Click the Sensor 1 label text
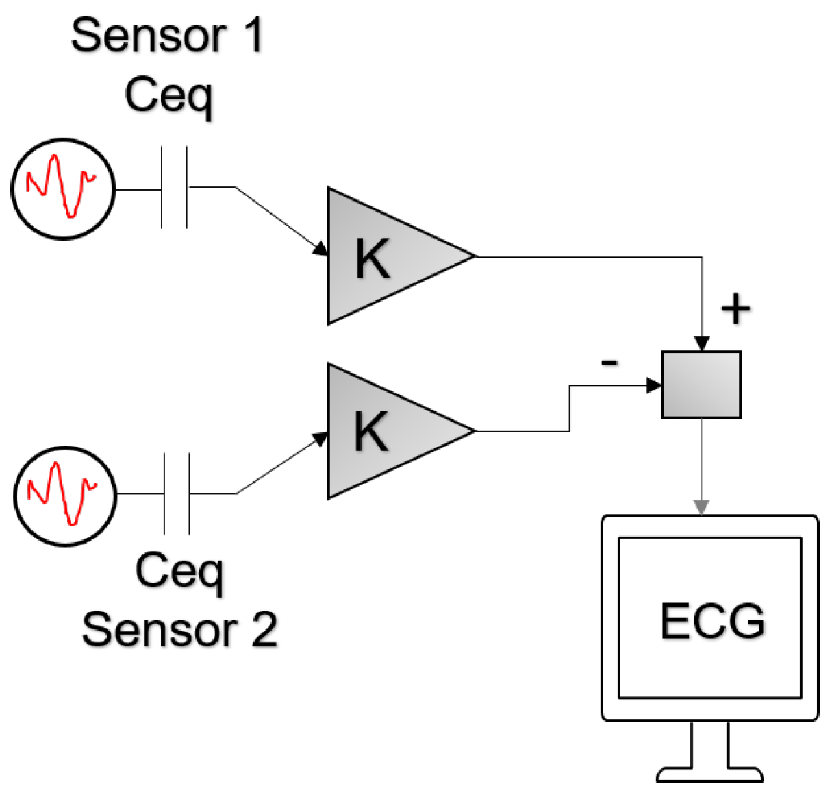167,36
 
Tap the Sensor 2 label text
179,630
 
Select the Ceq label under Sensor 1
169,96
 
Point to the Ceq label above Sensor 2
179,571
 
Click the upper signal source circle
63,188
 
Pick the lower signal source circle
65,496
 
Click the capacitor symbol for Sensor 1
175,187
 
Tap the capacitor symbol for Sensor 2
177,493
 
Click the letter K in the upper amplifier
373,258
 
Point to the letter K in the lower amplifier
371,432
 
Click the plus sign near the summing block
735,309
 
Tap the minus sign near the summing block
609,362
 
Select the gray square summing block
701,385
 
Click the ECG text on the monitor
712,622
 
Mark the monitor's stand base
709,774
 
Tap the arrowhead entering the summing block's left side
654,385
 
